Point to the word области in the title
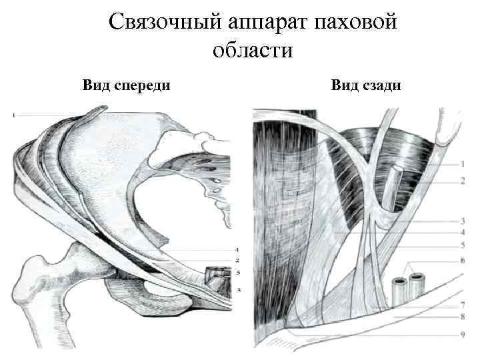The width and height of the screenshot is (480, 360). coord(253,51)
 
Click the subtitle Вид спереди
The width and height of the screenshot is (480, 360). coord(126,85)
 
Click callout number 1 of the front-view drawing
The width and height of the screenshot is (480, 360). coord(14,116)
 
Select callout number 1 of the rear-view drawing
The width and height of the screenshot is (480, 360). coord(463,163)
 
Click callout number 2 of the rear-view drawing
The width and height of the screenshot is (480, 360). coord(463,181)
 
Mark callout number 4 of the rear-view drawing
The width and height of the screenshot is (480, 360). coord(463,232)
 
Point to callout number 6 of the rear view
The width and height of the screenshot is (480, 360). coord(463,261)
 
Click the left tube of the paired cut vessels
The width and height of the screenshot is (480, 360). coord(401,289)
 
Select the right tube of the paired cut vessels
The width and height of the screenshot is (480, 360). coord(418,285)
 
